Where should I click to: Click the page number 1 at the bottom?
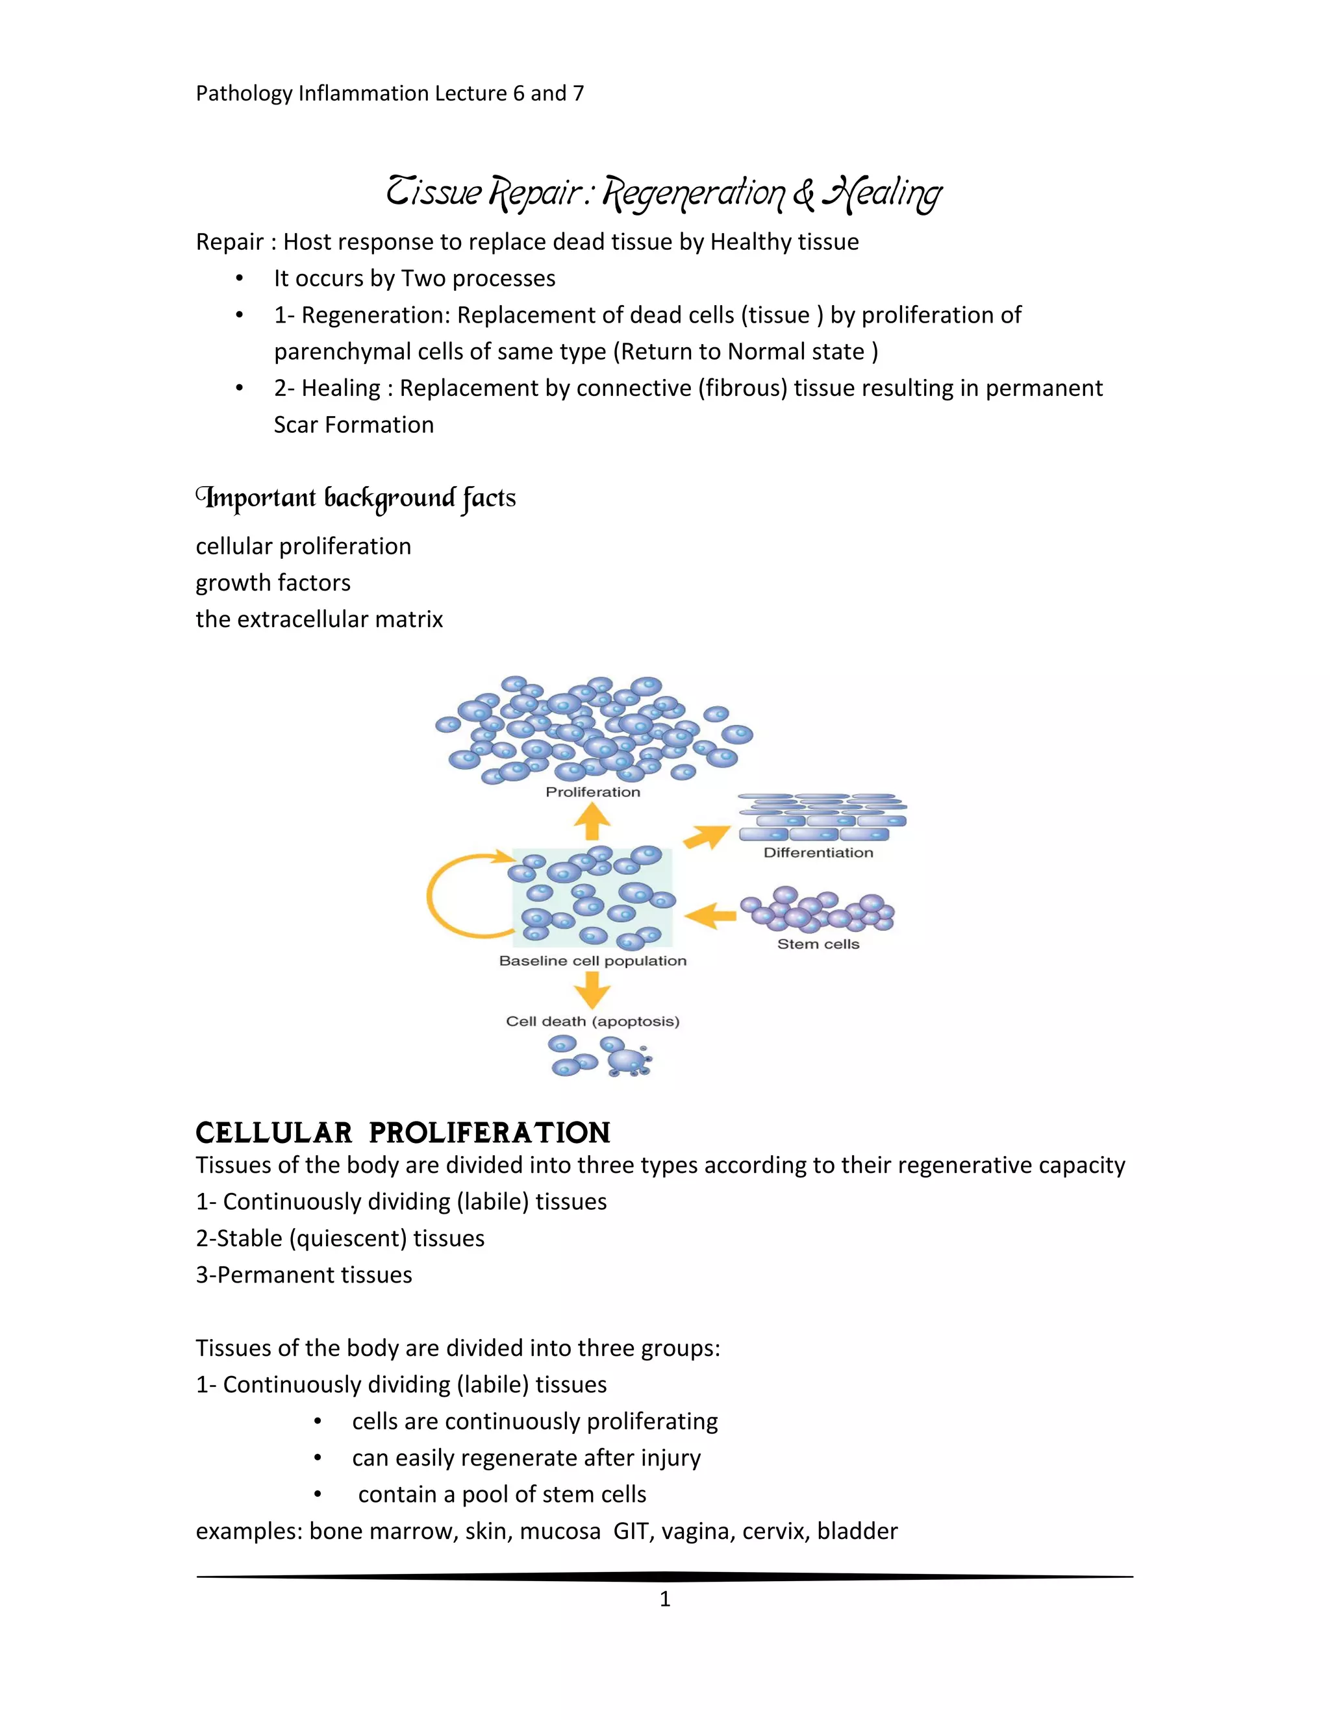665,1599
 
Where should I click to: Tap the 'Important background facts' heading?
356,498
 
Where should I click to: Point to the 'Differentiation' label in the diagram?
818,853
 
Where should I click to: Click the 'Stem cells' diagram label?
818,944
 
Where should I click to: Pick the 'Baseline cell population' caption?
592,961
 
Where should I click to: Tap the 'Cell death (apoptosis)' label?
592,1022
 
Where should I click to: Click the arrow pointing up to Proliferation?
592,823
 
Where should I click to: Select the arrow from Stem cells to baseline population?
710,916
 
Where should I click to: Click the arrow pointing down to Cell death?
592,989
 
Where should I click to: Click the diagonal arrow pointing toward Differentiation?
707,837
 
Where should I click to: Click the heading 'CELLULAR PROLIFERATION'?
403,1133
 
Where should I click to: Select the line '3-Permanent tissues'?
304,1275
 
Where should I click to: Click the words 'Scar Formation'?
354,425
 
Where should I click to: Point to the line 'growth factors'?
273,583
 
